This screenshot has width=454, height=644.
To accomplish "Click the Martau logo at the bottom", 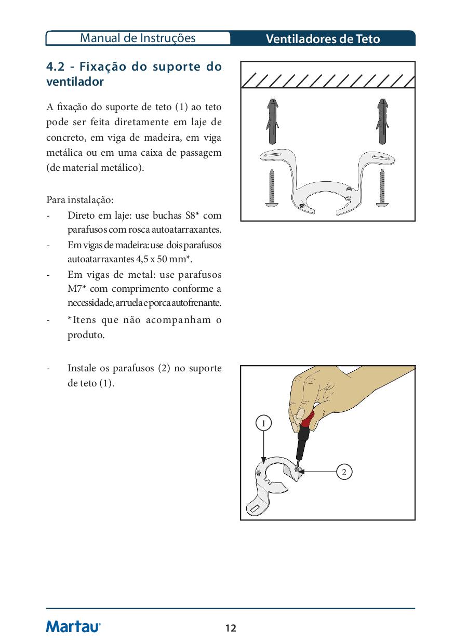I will click(73, 627).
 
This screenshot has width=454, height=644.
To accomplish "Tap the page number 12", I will click(231, 628).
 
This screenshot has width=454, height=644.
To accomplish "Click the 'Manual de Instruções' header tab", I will click(138, 38).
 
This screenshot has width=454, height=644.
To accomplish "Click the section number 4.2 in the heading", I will click(56, 67).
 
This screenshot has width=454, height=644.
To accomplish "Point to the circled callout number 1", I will click(264, 423).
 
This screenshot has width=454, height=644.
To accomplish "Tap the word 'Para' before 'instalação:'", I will click(57, 199).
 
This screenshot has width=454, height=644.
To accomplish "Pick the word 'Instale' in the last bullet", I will click(82, 368).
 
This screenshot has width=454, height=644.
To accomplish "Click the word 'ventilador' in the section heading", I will click(75, 82).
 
